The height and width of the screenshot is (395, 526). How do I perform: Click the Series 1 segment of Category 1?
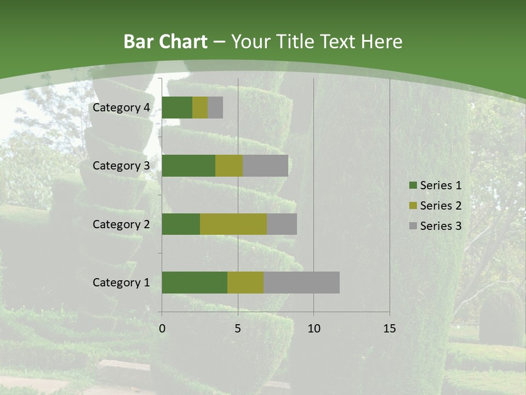[195, 283]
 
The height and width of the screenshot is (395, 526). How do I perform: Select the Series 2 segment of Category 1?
[245, 283]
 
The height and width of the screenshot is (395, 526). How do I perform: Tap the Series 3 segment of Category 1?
[301, 283]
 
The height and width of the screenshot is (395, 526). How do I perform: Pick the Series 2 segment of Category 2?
[233, 224]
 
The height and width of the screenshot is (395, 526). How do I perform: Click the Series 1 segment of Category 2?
[181, 224]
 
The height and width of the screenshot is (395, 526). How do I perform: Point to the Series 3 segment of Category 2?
[282, 224]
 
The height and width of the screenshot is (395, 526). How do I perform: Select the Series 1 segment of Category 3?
[188, 166]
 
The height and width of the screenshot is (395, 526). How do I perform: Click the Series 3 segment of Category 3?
[265, 166]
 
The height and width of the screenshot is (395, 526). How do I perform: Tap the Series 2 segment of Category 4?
[200, 108]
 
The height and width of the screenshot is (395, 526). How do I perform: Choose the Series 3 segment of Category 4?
[215, 108]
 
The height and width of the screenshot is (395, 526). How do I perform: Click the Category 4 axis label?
[121, 108]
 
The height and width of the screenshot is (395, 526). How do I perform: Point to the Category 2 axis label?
[121, 224]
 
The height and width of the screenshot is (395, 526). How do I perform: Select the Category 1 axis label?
[121, 283]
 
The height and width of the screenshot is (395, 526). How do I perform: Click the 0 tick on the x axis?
[162, 329]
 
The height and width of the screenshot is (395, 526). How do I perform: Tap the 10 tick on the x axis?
[313, 329]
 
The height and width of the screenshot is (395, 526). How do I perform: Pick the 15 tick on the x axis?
[390, 329]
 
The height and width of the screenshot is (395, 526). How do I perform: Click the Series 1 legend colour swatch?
[413, 185]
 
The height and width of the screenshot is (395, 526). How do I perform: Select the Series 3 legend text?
[441, 226]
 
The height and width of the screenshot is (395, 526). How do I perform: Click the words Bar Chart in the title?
[165, 42]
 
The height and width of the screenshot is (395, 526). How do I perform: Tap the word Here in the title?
[382, 42]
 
